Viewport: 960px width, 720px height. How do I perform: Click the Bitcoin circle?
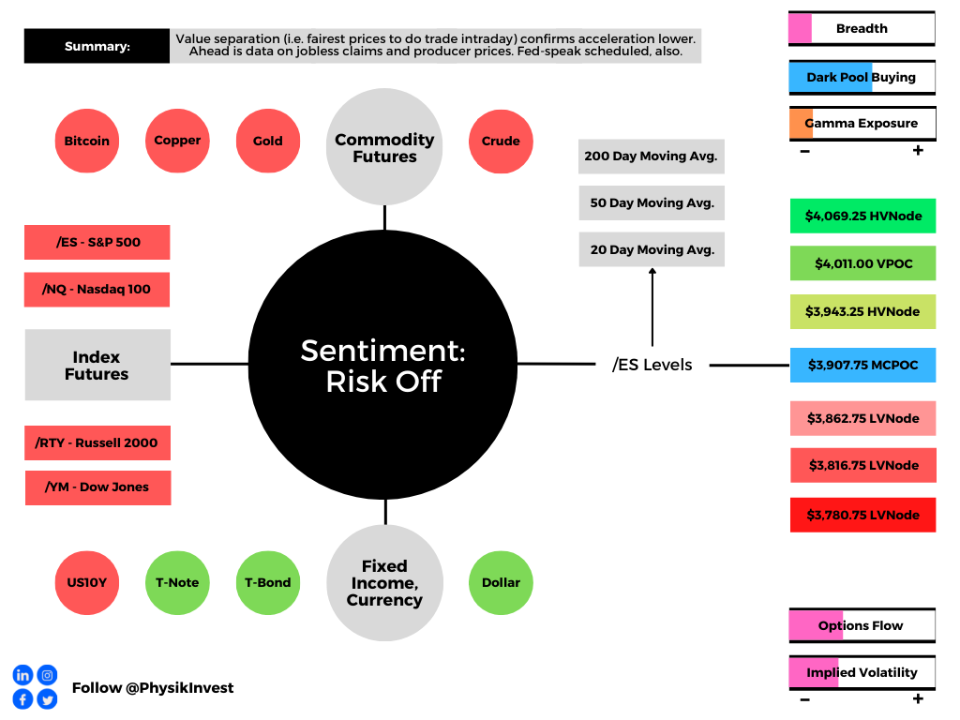(87, 141)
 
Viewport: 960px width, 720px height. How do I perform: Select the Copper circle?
(177, 141)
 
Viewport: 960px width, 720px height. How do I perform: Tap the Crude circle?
(501, 142)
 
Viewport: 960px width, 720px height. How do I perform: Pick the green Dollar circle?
(501, 583)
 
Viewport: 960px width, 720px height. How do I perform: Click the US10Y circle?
(87, 583)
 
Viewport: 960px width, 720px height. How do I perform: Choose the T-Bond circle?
(268, 583)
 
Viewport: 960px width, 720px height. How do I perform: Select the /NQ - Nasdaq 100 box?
(97, 290)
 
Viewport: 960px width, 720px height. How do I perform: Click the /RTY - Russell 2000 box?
(97, 442)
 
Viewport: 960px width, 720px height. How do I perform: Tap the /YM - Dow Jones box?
(97, 487)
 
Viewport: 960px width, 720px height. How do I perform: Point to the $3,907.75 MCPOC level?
(862, 365)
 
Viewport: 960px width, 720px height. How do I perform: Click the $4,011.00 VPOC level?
(862, 263)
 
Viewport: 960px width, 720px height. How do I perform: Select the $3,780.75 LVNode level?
(862, 515)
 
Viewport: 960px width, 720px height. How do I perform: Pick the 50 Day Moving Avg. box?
(652, 202)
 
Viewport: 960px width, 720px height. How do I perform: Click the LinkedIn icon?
(22, 675)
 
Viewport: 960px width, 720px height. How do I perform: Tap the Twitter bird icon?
(47, 699)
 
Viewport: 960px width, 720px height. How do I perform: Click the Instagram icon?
(47, 675)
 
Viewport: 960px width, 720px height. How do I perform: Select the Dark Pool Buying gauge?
(862, 77)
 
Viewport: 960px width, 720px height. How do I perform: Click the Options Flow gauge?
(862, 625)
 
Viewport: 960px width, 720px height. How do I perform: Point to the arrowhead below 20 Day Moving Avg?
(652, 271)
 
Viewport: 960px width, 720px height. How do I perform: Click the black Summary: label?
(97, 46)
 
